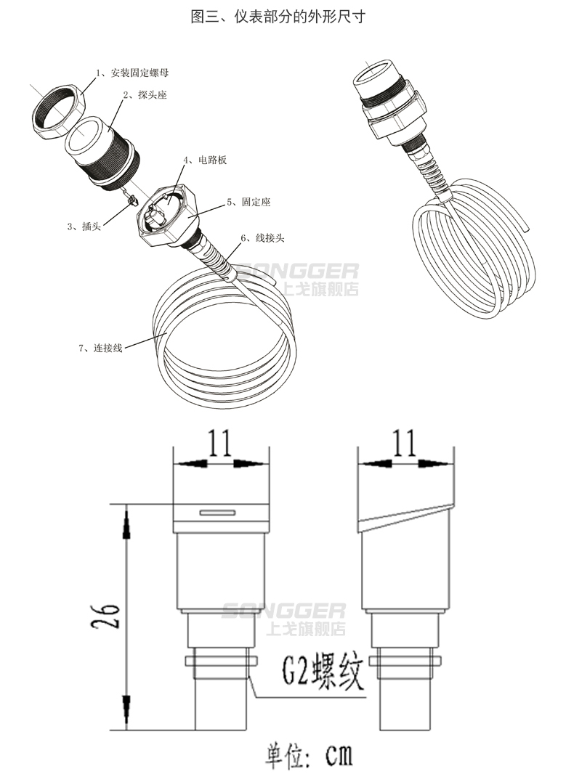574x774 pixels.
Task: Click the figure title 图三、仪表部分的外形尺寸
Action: click(x=278, y=17)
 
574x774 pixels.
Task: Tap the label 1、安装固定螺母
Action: click(x=132, y=73)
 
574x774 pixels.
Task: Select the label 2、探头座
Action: click(x=145, y=95)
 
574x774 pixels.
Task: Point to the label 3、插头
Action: click(x=84, y=227)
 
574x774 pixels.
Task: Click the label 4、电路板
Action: click(x=205, y=160)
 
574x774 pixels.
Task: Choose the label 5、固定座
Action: click(x=248, y=202)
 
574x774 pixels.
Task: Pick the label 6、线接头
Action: click(x=263, y=238)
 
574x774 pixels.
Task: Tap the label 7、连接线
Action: click(x=100, y=348)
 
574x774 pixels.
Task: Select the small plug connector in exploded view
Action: click(x=132, y=199)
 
